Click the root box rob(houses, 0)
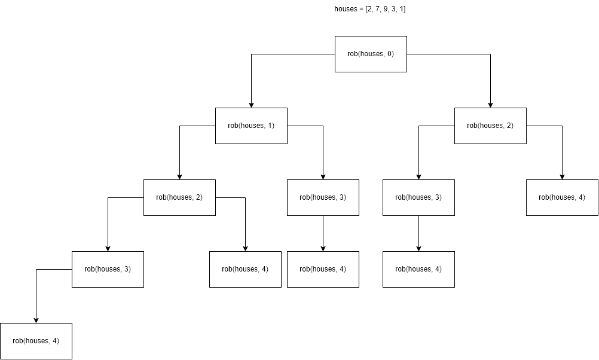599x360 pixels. point(371,54)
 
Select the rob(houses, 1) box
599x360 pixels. point(251,126)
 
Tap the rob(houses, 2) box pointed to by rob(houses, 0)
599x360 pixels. point(490,126)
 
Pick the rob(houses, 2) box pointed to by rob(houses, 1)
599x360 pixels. point(179,197)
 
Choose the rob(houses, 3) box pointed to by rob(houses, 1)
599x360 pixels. point(323,197)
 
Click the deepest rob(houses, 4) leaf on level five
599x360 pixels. point(36,341)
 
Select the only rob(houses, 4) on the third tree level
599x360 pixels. point(562,197)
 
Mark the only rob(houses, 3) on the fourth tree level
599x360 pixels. point(108,269)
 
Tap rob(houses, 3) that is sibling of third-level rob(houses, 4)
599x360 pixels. point(418,197)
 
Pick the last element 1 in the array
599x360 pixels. point(404,9)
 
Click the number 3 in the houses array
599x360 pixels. point(395,9)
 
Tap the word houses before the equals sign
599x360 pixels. point(346,9)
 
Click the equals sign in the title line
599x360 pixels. point(362,9)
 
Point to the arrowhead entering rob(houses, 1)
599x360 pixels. point(251,105)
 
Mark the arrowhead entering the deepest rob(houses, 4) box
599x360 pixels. point(36,320)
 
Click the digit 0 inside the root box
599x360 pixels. point(390,54)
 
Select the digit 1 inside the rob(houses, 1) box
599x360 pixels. point(270,126)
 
